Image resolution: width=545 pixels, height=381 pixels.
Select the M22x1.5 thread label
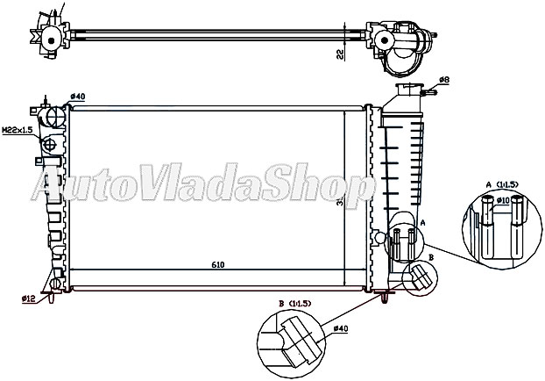click(x=17, y=130)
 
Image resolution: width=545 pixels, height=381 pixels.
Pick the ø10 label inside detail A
click(x=505, y=201)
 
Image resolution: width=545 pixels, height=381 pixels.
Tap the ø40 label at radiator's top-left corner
click(x=77, y=96)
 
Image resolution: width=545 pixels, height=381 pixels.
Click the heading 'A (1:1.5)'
click(x=503, y=184)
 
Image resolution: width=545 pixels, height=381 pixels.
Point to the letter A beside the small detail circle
click(x=423, y=224)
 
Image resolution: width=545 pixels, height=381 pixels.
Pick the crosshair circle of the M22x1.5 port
click(x=49, y=143)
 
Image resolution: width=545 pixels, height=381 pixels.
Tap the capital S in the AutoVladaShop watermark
click(x=277, y=187)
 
